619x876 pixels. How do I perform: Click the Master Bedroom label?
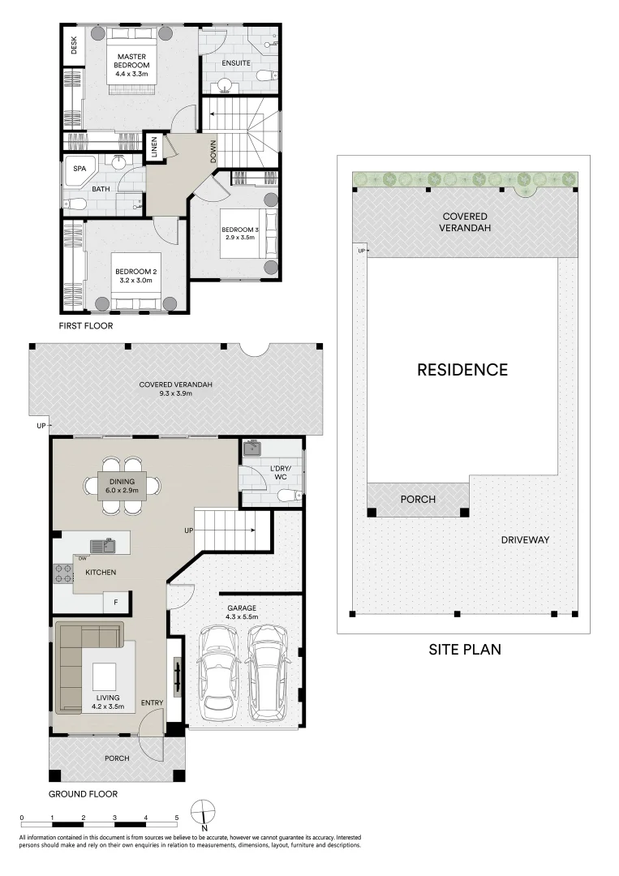(132, 61)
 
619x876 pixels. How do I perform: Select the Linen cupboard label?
(154, 147)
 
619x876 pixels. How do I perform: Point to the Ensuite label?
(236, 63)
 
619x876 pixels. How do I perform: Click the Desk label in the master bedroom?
(74, 45)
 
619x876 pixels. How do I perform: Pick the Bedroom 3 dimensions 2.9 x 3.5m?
(239, 237)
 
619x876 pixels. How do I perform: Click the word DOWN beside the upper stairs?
(213, 152)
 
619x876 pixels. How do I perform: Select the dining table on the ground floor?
(122, 486)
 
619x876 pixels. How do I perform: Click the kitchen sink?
(102, 546)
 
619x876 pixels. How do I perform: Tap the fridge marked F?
(116, 602)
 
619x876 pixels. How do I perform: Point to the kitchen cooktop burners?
(63, 573)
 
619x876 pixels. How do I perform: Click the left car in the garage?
(220, 673)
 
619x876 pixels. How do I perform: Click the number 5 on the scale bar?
(177, 818)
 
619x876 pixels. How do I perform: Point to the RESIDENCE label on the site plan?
(462, 370)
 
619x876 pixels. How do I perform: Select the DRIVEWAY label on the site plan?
(525, 539)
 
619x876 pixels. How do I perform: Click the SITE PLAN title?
(465, 649)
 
